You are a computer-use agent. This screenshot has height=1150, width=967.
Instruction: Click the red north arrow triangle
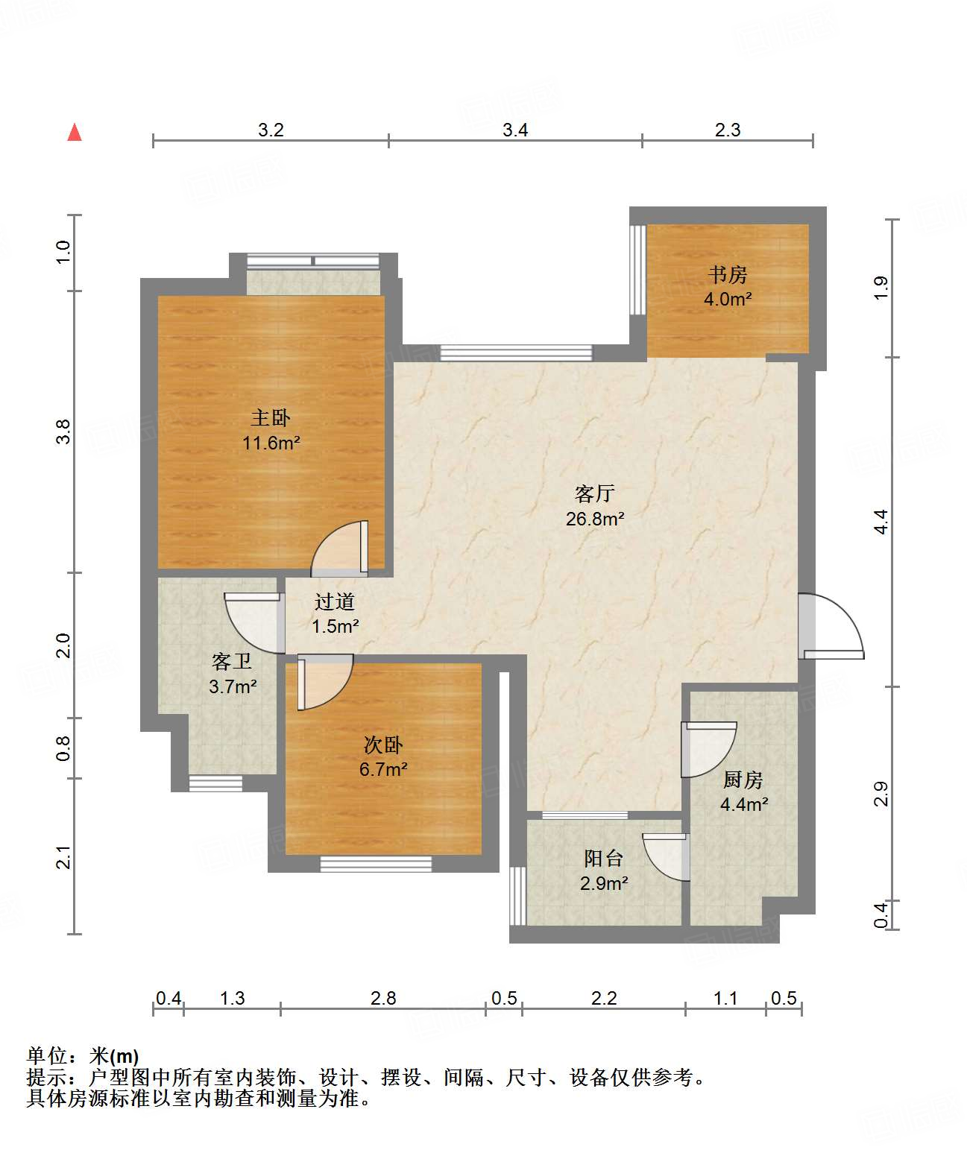point(75,133)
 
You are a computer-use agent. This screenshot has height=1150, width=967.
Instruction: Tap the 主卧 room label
point(271,418)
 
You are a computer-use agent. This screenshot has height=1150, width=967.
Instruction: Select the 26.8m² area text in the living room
point(595,519)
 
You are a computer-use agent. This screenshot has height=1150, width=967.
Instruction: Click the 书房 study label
point(728,274)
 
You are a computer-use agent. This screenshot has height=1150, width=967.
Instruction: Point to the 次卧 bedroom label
point(383,745)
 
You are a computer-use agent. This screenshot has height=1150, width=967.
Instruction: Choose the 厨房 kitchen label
point(743,780)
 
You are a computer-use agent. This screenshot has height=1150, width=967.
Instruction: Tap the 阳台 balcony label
point(604,858)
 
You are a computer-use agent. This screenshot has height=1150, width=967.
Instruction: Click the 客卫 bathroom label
point(232,662)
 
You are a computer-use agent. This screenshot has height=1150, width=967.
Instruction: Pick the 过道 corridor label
point(335,601)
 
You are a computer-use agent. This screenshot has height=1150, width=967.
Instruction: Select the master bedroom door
point(340,548)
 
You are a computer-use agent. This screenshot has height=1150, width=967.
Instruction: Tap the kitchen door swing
point(708,749)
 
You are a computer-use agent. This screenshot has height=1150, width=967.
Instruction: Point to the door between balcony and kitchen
point(667,857)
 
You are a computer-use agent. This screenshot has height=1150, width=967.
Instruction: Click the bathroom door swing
point(254,623)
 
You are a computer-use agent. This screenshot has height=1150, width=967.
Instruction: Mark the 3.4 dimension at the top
point(515,130)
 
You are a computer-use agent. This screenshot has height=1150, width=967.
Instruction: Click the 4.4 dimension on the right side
point(881,522)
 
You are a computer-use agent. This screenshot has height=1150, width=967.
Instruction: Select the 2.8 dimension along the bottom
point(383,998)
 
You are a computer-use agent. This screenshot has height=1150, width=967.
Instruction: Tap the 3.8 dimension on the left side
point(64,432)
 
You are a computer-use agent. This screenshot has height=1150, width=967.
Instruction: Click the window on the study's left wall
point(638,269)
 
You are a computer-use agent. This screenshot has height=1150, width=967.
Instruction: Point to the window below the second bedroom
point(376,864)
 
